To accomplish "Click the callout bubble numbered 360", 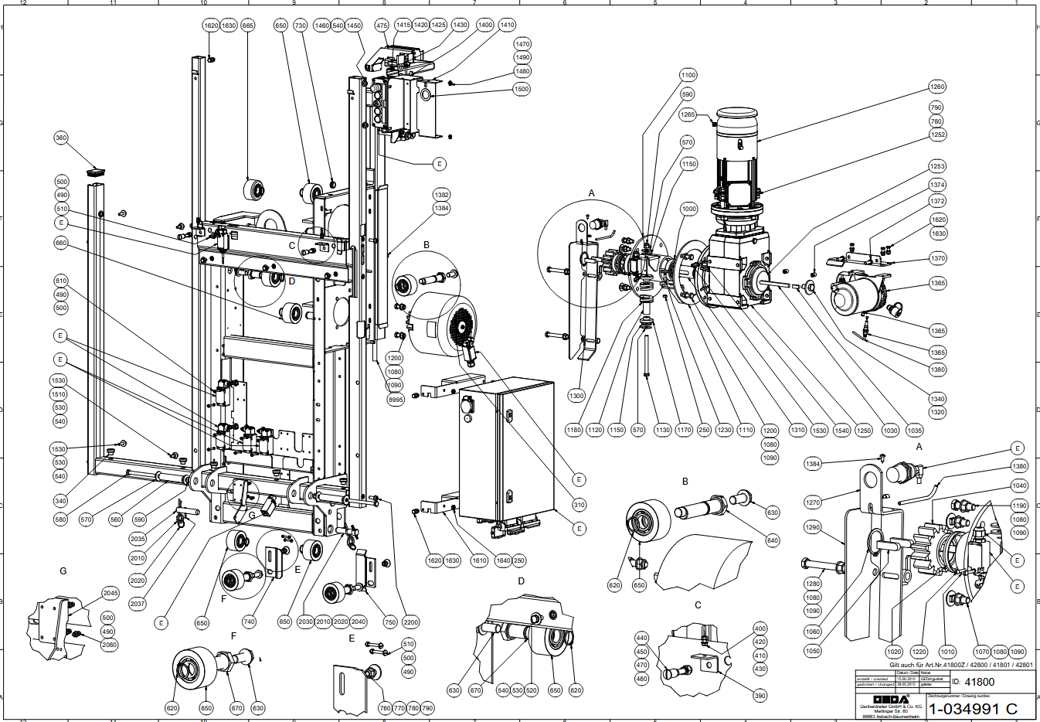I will [x=61, y=138].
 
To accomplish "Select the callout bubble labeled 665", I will [x=247, y=26].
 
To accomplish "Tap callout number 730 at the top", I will [x=301, y=26].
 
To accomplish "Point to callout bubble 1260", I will [x=937, y=87].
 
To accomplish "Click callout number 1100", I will [x=688, y=75].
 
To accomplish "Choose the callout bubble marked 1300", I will [x=576, y=396].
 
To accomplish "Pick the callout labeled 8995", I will [x=396, y=400].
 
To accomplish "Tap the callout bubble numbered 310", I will [x=579, y=505].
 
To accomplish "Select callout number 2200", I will [x=410, y=622].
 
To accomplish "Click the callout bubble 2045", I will [x=111, y=593].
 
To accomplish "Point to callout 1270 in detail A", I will [x=813, y=502].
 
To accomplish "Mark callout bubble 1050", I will [x=813, y=651].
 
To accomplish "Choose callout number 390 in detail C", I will [x=760, y=696].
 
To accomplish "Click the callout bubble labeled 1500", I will [x=522, y=89].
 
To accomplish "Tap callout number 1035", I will [x=915, y=431].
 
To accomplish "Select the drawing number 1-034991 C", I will [x=973, y=709].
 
